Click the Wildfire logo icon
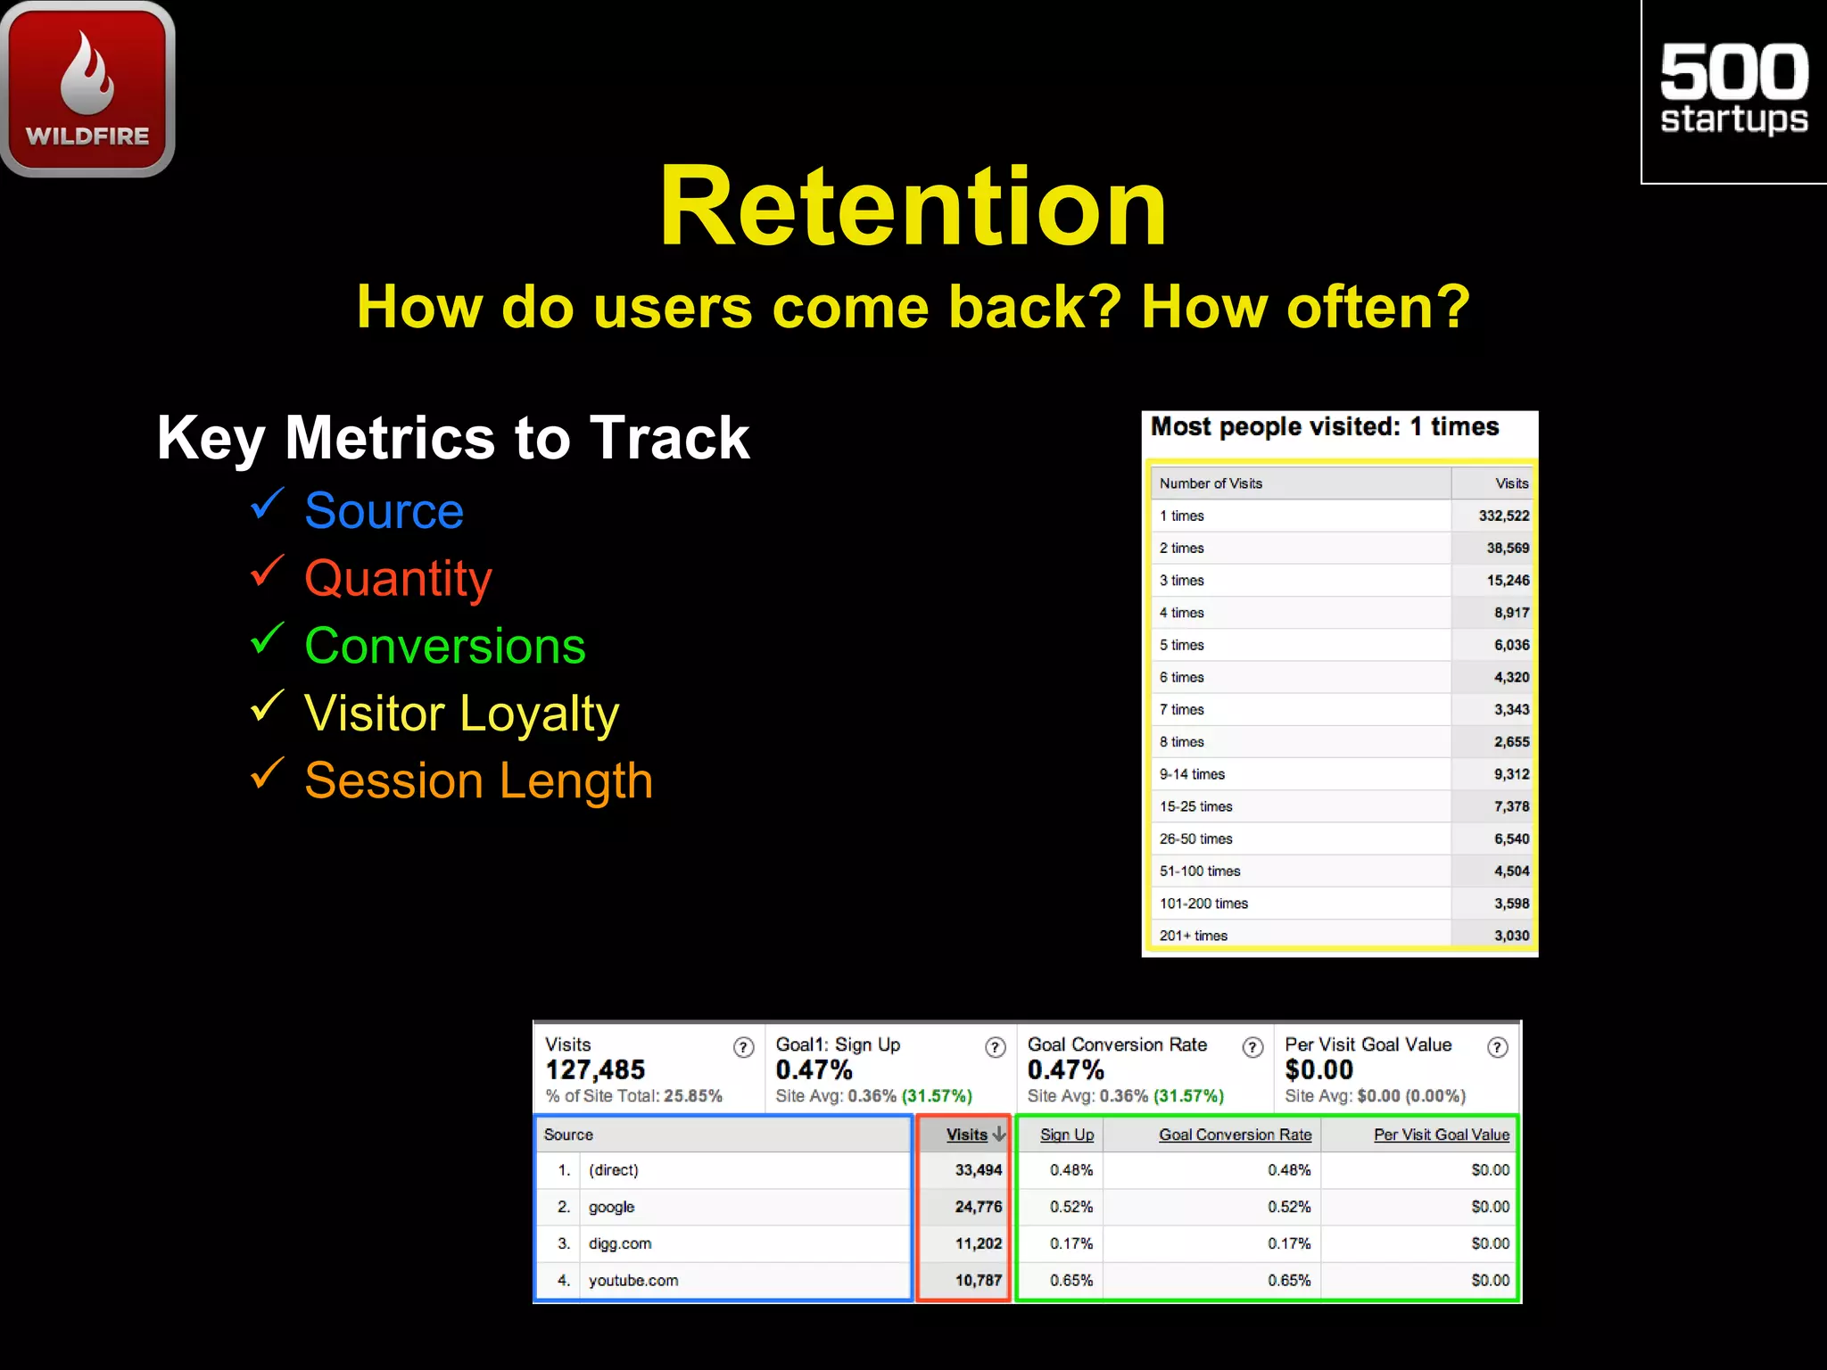tap(87, 88)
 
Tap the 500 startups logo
tap(1733, 90)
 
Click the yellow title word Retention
tap(913, 207)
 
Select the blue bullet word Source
tap(384, 511)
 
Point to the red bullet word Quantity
tap(398, 579)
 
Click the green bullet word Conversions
tap(444, 646)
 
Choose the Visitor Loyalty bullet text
tap(461, 714)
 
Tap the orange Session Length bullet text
tap(478, 780)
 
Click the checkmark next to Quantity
tap(267, 571)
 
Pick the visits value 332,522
tap(1503, 516)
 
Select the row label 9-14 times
tap(1192, 774)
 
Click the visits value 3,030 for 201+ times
tap(1511, 936)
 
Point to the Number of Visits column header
tap(1211, 483)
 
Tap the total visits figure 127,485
tap(595, 1069)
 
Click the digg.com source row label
tap(620, 1243)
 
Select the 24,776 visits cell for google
tap(978, 1207)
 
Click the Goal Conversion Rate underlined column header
tap(1235, 1135)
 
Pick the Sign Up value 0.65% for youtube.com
tap(1071, 1280)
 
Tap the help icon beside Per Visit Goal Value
tap(1498, 1047)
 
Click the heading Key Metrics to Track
tap(453, 438)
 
